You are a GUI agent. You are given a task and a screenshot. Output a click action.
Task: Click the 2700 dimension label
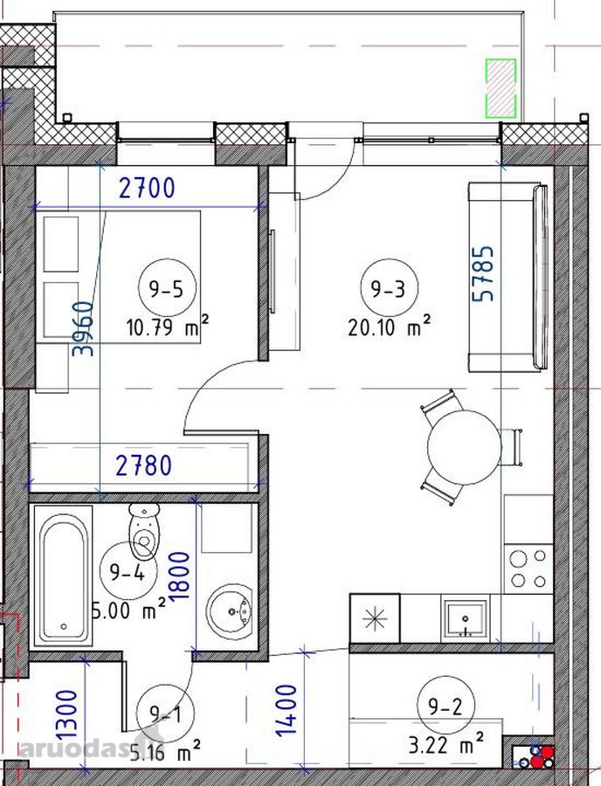pyautogui.click(x=147, y=189)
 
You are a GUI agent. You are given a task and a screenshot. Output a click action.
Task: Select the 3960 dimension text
pyautogui.click(x=83, y=328)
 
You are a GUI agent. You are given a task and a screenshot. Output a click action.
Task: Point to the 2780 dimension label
pyautogui.click(x=144, y=465)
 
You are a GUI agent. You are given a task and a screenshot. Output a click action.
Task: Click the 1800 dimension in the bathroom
pyautogui.click(x=180, y=576)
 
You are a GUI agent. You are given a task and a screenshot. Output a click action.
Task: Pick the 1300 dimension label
pyautogui.click(x=67, y=714)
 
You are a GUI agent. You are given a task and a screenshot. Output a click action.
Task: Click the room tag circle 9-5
pyautogui.click(x=167, y=287)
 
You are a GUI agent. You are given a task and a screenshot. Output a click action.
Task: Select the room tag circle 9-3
pyautogui.click(x=389, y=287)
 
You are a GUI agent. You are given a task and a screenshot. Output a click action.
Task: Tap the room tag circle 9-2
pyautogui.click(x=446, y=706)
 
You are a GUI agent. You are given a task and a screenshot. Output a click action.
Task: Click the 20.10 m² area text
pyautogui.click(x=389, y=327)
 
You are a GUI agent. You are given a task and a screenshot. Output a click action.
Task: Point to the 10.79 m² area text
pyautogui.click(x=168, y=327)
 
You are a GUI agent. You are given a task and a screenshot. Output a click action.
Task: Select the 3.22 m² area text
pyautogui.click(x=446, y=746)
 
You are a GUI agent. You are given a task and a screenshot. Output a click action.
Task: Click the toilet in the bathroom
pyautogui.click(x=144, y=530)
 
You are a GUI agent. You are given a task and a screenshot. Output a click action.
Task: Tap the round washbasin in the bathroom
pyautogui.click(x=230, y=611)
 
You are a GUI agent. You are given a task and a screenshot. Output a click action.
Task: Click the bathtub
pyautogui.click(x=63, y=576)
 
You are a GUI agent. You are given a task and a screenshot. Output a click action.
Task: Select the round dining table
pyautogui.click(x=464, y=447)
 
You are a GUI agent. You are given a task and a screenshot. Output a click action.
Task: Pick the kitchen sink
pyautogui.click(x=466, y=618)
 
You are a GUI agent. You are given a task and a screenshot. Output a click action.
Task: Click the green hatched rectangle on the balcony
pyautogui.click(x=501, y=89)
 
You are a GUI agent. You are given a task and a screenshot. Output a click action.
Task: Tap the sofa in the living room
pyautogui.click(x=508, y=279)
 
